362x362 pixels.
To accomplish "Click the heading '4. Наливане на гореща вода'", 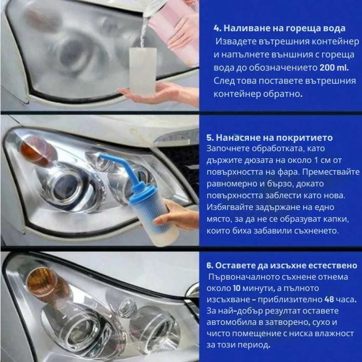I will pyautogui.click(x=279, y=28).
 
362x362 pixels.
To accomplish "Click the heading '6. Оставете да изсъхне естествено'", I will pyautogui.click(x=281, y=265).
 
